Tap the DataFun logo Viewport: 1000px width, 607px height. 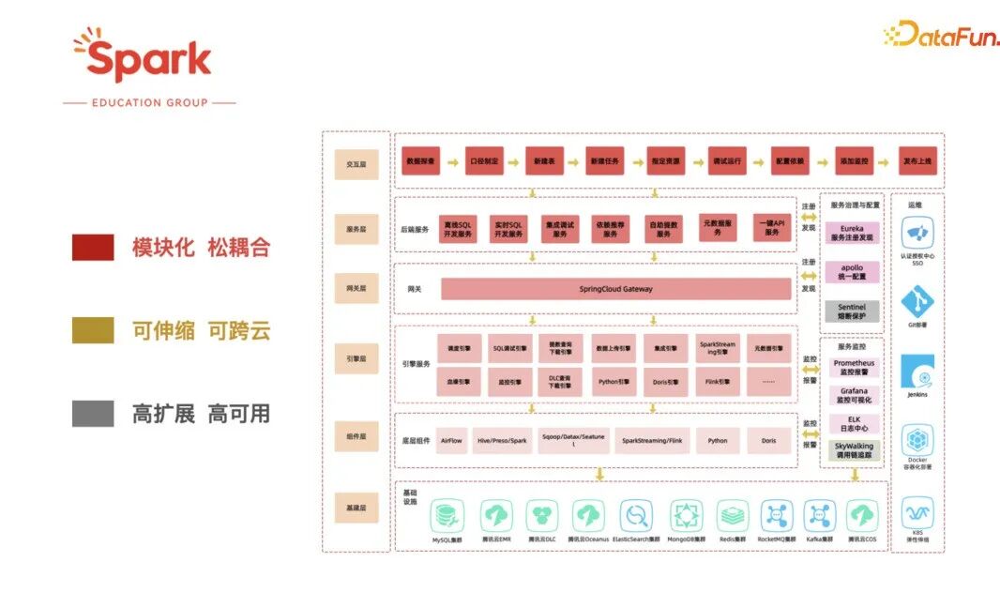pyautogui.click(x=940, y=35)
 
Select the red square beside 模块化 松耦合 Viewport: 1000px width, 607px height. pyautogui.click(x=93, y=248)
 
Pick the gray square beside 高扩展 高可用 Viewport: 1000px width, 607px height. pyautogui.click(x=93, y=414)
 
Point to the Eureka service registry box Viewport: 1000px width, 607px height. pyautogui.click(x=852, y=232)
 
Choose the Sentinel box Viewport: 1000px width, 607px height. pyautogui.click(x=852, y=311)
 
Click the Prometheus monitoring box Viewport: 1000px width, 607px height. pyautogui.click(x=853, y=367)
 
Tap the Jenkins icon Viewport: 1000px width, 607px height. pyautogui.click(x=917, y=372)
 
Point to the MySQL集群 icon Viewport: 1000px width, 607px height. pyautogui.click(x=447, y=516)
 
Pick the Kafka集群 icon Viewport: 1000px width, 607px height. pyautogui.click(x=819, y=516)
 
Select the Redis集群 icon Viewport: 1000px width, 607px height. pyautogui.click(x=733, y=516)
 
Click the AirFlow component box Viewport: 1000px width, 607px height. pyautogui.click(x=451, y=440)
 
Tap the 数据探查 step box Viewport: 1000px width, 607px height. pyautogui.click(x=421, y=161)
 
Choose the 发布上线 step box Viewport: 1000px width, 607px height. pyautogui.click(x=917, y=161)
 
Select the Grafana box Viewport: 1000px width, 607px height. pyautogui.click(x=853, y=395)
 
